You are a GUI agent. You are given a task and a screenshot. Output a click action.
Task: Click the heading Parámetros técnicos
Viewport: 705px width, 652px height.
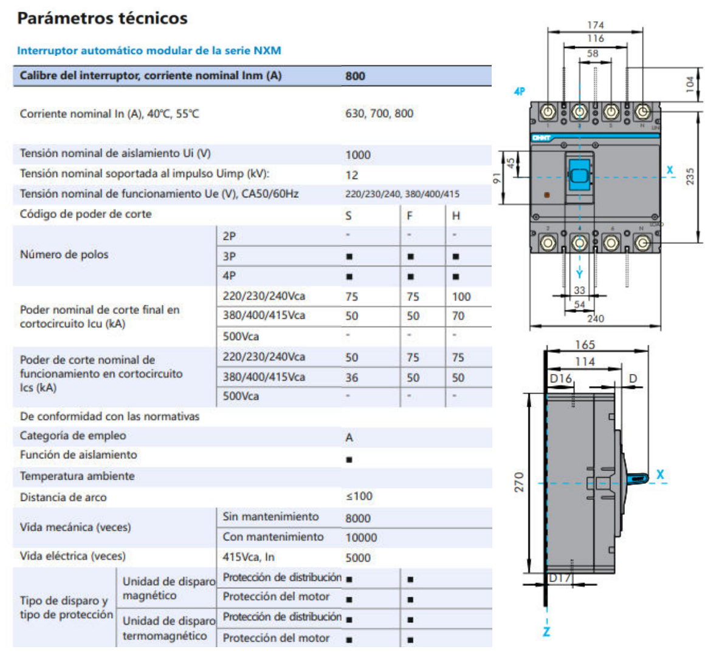click(102, 18)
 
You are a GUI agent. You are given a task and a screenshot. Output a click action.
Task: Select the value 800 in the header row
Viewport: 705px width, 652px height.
click(355, 76)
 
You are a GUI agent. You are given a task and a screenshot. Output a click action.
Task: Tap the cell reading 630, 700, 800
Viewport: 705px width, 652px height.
click(379, 114)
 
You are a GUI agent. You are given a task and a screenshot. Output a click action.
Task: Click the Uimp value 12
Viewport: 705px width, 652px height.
click(352, 175)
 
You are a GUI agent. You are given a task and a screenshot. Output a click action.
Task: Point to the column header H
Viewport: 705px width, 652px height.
click(456, 216)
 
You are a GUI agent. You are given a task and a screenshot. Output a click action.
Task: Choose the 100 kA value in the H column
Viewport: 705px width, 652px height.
click(461, 296)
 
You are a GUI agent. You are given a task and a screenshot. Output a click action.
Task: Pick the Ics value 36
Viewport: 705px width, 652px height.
click(352, 377)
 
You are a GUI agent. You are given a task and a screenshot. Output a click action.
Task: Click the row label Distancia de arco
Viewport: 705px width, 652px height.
click(63, 497)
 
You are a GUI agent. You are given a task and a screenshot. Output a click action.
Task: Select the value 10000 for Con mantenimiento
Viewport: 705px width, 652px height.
click(361, 537)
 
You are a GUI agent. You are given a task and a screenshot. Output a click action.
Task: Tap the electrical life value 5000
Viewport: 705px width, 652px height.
click(358, 557)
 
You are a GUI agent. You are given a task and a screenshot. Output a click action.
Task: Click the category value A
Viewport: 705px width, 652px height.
click(349, 437)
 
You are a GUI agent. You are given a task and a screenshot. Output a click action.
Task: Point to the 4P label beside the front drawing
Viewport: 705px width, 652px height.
click(519, 92)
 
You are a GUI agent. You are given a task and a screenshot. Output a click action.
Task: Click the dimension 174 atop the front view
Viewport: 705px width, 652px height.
click(596, 25)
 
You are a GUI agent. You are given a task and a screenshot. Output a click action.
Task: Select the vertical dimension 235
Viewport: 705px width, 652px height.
click(690, 176)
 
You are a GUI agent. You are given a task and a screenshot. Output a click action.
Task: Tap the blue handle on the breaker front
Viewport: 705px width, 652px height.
click(579, 176)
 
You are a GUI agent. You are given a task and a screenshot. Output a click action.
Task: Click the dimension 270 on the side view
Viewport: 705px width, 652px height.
click(519, 482)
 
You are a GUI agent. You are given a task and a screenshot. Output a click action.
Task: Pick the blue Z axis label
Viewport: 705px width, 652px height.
click(546, 632)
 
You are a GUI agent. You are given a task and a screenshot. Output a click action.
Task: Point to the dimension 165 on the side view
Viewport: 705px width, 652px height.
click(585, 345)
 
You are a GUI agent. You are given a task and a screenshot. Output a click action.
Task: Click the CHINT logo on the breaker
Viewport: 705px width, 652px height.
click(542, 138)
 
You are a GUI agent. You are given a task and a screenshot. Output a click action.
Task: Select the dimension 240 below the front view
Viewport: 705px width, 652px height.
click(596, 318)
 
